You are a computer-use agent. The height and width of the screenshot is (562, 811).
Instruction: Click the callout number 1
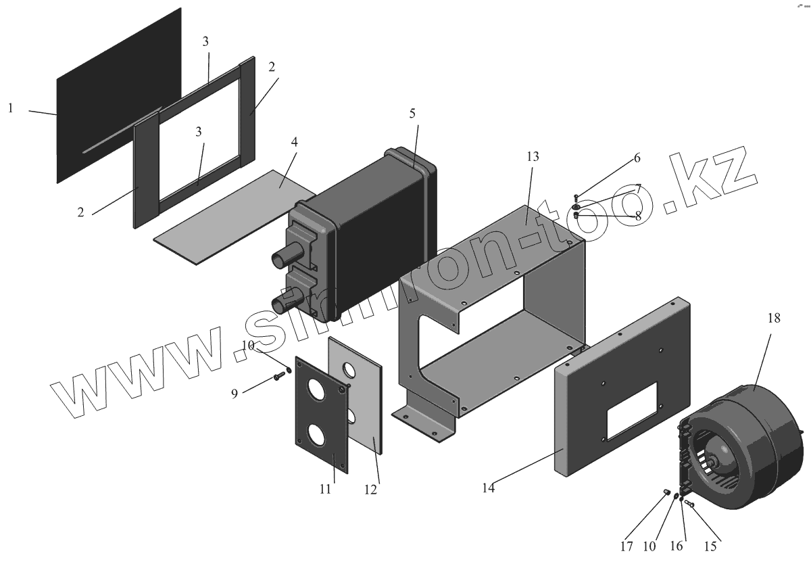click(11, 108)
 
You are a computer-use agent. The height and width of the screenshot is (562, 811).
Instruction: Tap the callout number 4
click(294, 143)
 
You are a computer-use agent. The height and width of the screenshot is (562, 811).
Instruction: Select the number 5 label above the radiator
click(412, 114)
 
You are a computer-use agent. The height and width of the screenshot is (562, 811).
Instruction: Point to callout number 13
click(533, 157)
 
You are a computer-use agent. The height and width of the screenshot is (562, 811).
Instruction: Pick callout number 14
click(488, 487)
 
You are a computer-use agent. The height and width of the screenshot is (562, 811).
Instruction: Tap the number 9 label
click(235, 393)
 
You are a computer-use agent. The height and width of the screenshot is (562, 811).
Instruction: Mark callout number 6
click(636, 158)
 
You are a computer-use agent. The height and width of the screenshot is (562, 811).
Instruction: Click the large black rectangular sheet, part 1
click(118, 95)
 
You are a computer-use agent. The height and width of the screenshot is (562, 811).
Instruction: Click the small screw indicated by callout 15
click(689, 504)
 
